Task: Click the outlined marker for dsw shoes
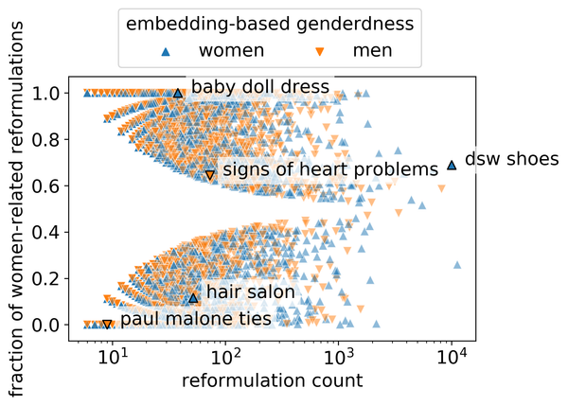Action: click(452, 165)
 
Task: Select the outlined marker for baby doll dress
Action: click(178, 93)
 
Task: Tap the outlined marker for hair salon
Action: click(193, 297)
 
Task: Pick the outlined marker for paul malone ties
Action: click(107, 324)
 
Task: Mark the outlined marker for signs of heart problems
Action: click(210, 175)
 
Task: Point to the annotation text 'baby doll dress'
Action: click(260, 87)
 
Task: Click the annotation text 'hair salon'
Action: click(250, 292)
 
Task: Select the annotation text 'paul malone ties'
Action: click(196, 319)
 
